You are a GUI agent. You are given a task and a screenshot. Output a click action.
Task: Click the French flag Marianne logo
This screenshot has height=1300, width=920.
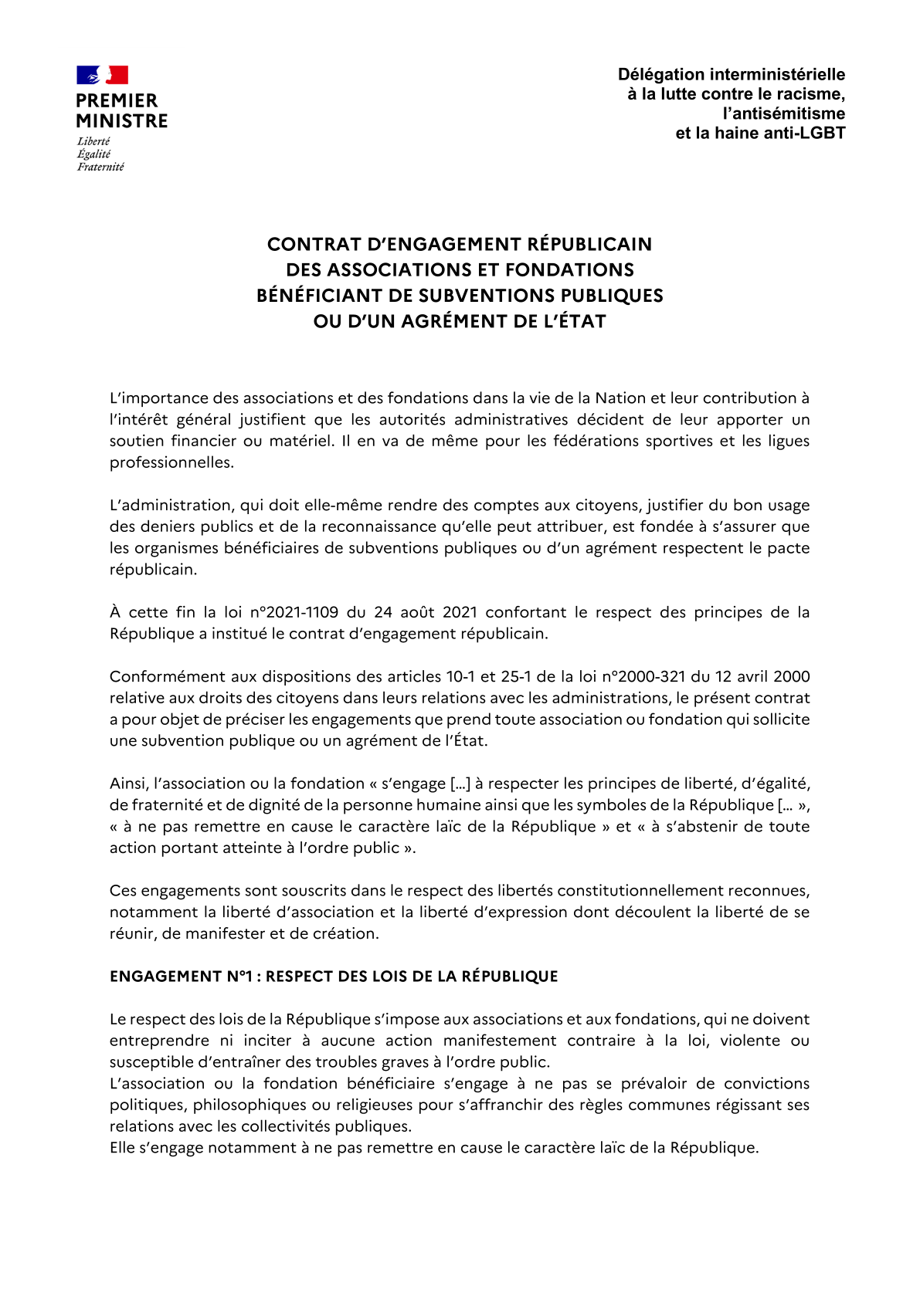[x=102, y=75]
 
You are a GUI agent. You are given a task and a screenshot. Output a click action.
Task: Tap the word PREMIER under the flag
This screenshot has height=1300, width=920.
[x=117, y=101]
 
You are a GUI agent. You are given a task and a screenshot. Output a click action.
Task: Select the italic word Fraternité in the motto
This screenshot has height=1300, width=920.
[x=100, y=167]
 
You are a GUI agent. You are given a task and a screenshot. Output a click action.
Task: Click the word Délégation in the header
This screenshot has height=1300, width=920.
[x=660, y=75]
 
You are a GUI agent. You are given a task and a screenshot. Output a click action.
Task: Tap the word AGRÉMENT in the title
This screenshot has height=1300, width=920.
[x=459, y=321]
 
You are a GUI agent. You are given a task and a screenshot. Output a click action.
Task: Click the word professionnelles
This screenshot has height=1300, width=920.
[x=171, y=462]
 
